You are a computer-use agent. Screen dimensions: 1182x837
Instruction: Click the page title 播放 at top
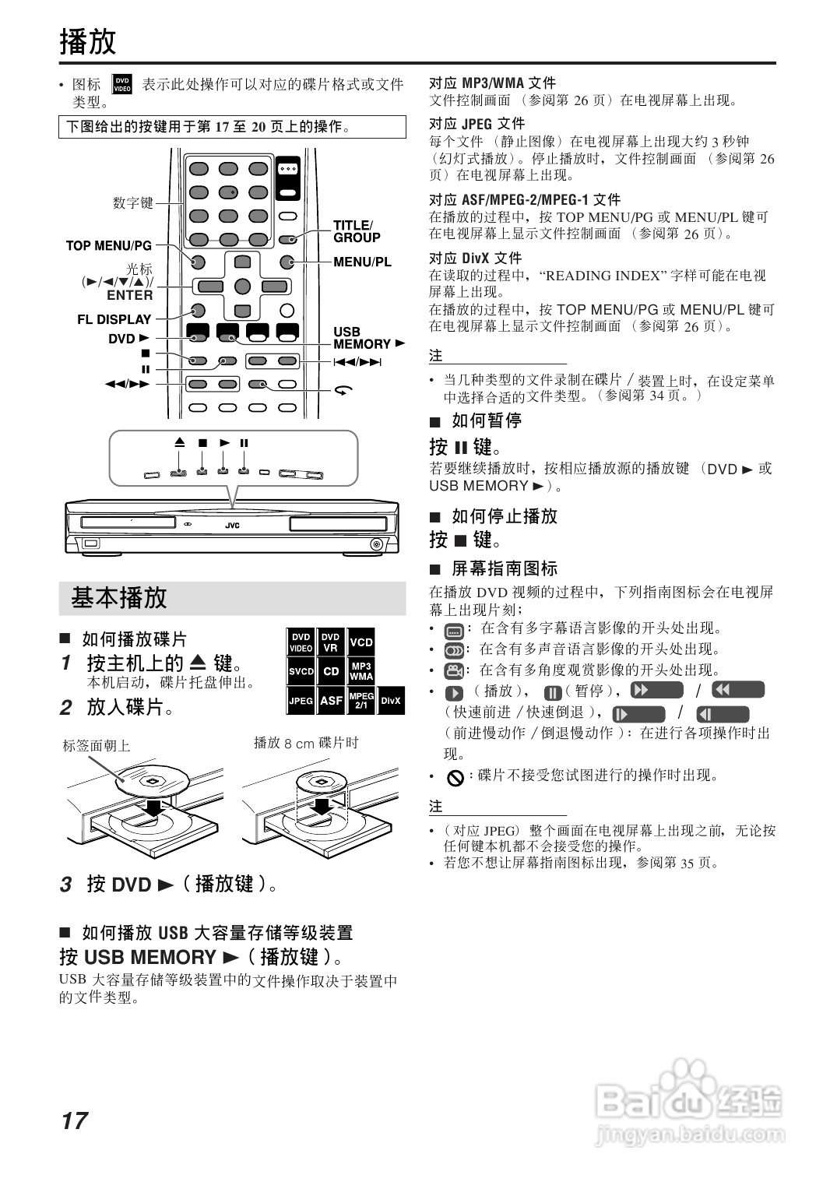pos(88,42)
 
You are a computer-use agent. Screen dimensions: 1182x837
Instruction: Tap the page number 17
pos(75,1120)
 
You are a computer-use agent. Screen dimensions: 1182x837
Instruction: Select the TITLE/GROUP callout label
pos(357,231)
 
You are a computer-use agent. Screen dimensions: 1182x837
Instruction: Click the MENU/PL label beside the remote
pos(362,262)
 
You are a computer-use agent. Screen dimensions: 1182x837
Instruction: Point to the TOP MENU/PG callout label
pos(108,246)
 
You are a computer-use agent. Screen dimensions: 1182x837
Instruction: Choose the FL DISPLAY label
pos(114,319)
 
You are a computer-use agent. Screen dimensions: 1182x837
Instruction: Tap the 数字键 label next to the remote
pos(133,203)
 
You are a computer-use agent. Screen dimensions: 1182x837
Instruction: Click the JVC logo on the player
pos(232,526)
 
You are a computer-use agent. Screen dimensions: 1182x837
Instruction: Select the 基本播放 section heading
pos(119,598)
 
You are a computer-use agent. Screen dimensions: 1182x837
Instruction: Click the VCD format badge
pos(360,642)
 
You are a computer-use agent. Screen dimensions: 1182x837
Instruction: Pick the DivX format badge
pos(391,701)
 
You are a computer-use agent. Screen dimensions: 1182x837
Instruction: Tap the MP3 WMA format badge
pos(360,671)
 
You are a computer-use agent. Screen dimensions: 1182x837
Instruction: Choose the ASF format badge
pos(331,701)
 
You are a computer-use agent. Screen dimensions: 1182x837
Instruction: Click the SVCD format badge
pos(301,671)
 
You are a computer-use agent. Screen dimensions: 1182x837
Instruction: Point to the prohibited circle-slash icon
pos(455,777)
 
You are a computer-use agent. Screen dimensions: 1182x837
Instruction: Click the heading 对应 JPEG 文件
pos(477,124)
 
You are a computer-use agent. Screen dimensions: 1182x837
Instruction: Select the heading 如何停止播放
pos(504,516)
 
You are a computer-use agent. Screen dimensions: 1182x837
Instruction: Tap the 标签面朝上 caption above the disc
pos(97,746)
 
